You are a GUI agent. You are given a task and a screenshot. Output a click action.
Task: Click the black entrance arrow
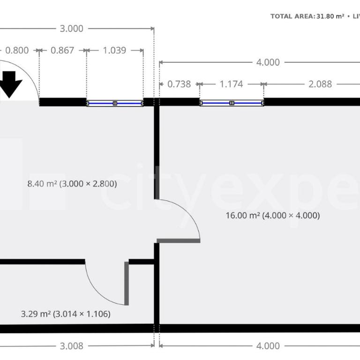tap(10, 83)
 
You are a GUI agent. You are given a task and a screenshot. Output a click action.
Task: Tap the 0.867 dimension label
tap(62, 50)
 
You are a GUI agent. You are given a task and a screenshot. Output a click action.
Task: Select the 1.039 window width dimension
tap(114, 50)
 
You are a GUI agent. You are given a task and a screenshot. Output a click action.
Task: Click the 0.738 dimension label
tap(179, 84)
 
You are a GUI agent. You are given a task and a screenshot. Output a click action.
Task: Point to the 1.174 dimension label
tap(231, 84)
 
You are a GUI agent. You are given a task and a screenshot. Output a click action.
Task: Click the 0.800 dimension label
tap(16, 50)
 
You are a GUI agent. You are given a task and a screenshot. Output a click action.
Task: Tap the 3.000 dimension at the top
tap(72, 29)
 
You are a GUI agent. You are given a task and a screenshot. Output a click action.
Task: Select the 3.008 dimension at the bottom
tap(72, 346)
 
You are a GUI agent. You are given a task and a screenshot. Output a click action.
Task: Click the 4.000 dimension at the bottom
tap(268, 346)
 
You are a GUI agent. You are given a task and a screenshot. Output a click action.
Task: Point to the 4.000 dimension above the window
tap(268, 62)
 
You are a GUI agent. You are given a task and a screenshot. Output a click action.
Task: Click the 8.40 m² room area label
tap(72, 184)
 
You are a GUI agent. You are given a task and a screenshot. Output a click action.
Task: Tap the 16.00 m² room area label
tap(272, 216)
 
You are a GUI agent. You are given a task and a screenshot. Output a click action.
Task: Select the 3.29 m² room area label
tap(66, 314)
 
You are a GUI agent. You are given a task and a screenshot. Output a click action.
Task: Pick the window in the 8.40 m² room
tap(115, 103)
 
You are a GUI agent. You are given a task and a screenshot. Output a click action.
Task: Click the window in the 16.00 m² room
tap(232, 102)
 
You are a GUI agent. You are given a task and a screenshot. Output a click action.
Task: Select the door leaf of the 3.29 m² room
tap(127, 283)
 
